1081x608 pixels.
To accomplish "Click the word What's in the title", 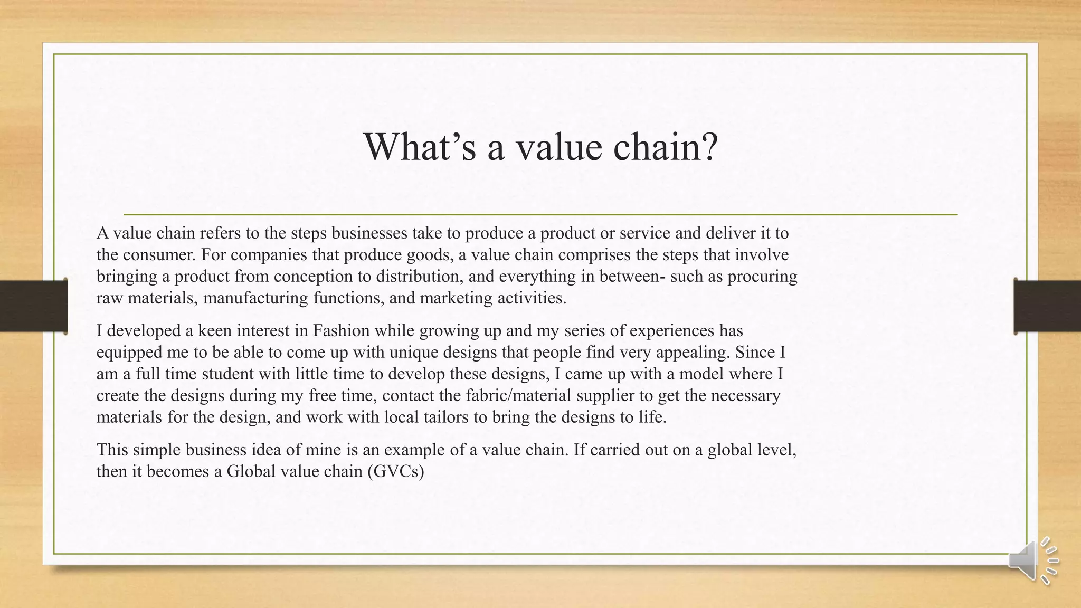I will tap(420, 147).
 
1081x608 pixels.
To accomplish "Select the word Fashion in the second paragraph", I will tap(342, 331).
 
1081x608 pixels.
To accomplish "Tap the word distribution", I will tap(423, 277).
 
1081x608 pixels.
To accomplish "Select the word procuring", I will tap(763, 277).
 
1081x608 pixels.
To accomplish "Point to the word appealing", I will tap(688, 353).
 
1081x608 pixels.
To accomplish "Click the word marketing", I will tap(456, 298).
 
